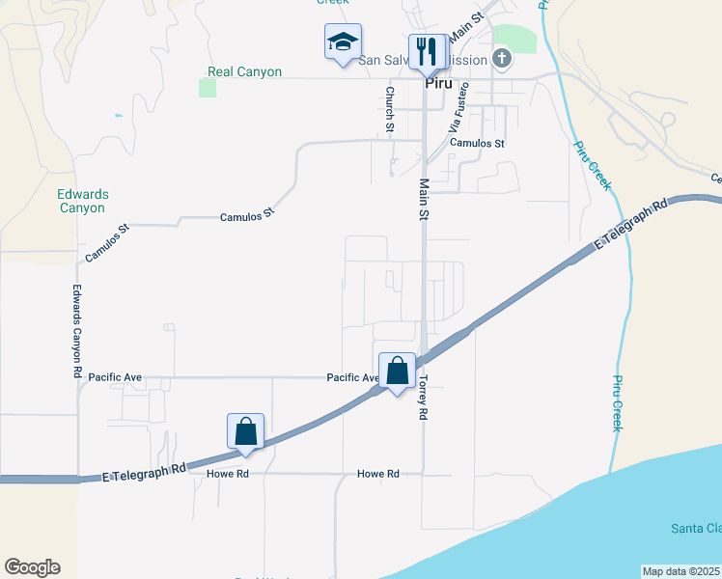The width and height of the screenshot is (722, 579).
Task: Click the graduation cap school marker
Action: click(x=342, y=43)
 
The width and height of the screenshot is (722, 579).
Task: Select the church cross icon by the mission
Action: click(x=501, y=60)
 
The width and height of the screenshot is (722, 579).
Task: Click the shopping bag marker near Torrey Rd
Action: click(x=397, y=372)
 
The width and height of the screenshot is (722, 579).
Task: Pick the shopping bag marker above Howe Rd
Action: click(x=245, y=431)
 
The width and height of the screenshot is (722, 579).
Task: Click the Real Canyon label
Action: click(x=245, y=72)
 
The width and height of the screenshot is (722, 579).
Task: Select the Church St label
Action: click(x=390, y=109)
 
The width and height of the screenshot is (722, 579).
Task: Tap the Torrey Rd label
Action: click(x=422, y=398)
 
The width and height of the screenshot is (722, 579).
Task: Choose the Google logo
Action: click(x=32, y=567)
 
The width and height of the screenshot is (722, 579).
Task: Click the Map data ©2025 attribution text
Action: click(x=680, y=571)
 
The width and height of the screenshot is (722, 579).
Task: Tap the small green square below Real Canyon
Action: click(x=208, y=88)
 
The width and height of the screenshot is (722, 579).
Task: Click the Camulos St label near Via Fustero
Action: click(x=478, y=143)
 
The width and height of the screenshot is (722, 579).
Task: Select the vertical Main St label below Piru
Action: click(x=423, y=199)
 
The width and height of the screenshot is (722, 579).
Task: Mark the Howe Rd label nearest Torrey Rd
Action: click(x=378, y=474)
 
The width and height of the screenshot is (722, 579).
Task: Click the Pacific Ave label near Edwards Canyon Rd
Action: click(x=115, y=376)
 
